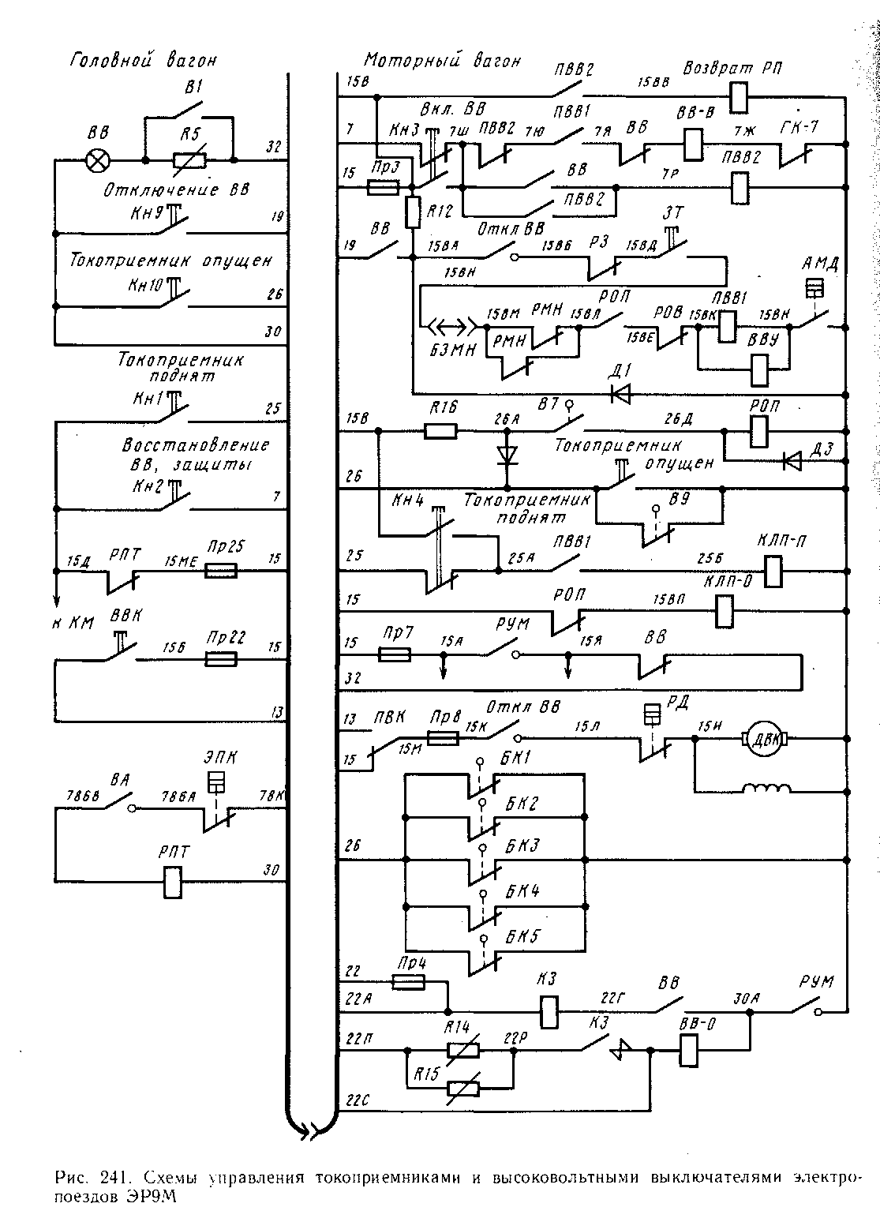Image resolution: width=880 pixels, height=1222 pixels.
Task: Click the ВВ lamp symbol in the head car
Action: click(98, 161)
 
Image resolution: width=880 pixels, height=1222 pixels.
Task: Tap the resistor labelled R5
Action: click(189, 161)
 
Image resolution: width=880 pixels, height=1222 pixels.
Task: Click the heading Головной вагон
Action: click(144, 60)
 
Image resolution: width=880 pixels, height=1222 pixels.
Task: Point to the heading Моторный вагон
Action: click(442, 61)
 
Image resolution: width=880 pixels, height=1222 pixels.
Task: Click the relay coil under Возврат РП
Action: click(739, 97)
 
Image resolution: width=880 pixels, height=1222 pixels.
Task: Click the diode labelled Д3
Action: click(792, 459)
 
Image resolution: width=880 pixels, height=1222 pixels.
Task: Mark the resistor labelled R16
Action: click(440, 431)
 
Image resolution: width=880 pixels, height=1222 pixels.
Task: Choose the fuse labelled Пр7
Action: click(394, 654)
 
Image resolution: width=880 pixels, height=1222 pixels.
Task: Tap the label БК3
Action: click(522, 846)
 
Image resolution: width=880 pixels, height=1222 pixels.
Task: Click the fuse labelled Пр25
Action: click(220, 570)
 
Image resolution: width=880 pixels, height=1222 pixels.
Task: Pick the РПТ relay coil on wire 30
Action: click(173, 883)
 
